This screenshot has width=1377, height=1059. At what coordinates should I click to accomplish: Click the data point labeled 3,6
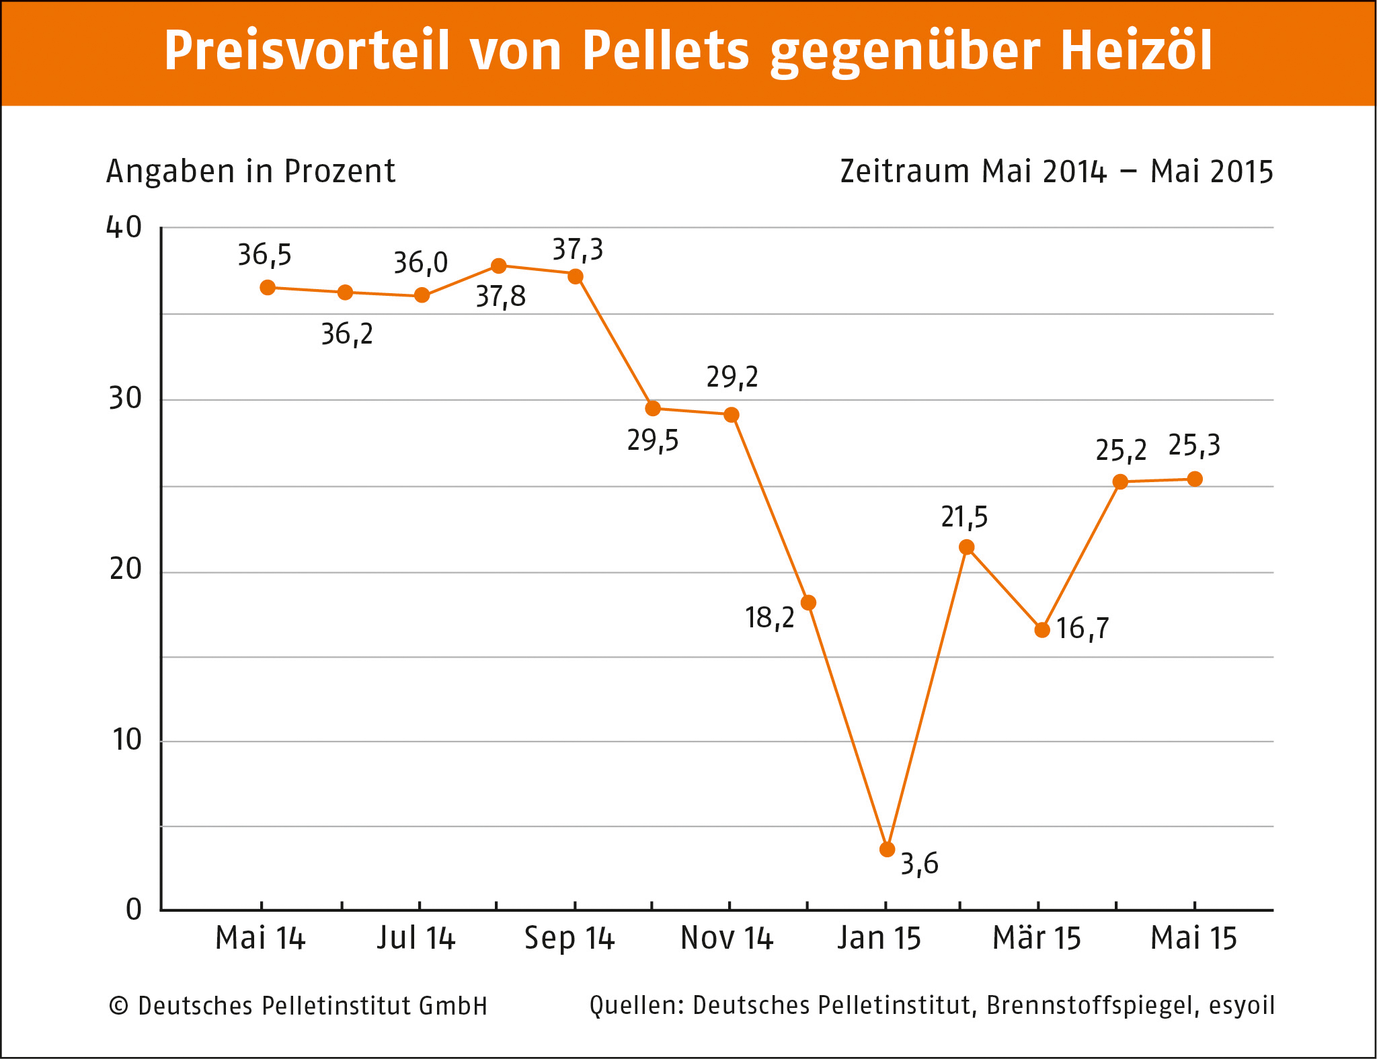pos(887,849)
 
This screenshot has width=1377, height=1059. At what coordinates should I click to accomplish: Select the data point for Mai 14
pos(268,288)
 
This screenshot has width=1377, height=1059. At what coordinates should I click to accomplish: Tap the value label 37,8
pos(501,297)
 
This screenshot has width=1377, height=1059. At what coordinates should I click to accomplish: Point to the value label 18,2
pos(770,618)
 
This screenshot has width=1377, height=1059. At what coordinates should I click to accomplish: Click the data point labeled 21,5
pos(966,547)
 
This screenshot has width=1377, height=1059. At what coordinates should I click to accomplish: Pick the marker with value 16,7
pos(1042,630)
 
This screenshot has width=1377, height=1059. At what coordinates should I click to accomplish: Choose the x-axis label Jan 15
pos(879,938)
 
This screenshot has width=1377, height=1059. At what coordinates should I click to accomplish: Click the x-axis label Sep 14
pos(569,938)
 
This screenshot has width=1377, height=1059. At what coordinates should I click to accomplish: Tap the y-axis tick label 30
pos(126,399)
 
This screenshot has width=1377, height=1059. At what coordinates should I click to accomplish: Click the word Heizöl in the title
pos(1136,51)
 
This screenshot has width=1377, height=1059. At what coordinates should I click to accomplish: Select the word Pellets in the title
pos(665,51)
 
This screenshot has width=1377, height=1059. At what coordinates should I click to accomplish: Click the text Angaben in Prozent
pos(251,171)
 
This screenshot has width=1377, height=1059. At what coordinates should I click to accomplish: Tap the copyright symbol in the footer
pos(118,1007)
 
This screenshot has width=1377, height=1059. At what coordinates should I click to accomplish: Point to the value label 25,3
pos(1194,446)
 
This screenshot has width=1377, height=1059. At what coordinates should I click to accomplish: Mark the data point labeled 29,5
pos(652,408)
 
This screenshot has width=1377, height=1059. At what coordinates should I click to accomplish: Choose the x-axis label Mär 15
pos(1036,938)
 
